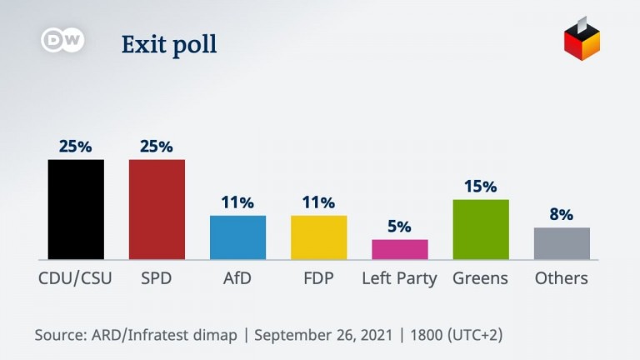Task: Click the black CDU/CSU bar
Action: [x=76, y=209]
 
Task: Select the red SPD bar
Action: [x=157, y=209]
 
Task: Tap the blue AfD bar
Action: [x=237, y=237]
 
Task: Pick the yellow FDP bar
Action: [x=318, y=237]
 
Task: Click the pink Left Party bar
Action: [x=399, y=249]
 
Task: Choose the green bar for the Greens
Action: [x=481, y=229]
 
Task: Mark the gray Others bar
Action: [x=562, y=243]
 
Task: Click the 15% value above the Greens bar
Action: [x=481, y=187]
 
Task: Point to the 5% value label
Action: [x=400, y=227]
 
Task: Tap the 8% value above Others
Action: [x=562, y=215]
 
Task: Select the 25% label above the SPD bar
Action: [x=157, y=147]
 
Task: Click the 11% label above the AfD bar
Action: [x=237, y=202]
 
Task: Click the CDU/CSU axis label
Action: [x=75, y=278]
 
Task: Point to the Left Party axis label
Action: [x=399, y=278]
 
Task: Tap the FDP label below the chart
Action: [x=318, y=278]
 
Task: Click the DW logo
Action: [x=62, y=41]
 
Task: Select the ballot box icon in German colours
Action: [x=582, y=39]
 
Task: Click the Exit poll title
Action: [x=169, y=44]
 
